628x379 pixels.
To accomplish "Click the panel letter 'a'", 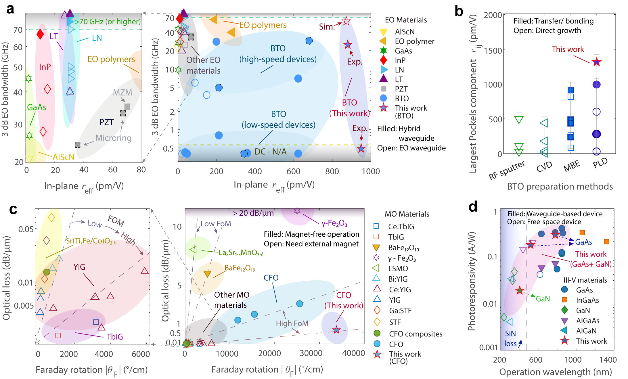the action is pos(10,9).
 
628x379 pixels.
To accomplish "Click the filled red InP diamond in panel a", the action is pos(40,34).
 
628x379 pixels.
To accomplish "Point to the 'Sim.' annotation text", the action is pos(327,27).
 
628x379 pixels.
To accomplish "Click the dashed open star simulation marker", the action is pos(346,21).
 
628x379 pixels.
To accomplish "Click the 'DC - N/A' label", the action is pos(270,152).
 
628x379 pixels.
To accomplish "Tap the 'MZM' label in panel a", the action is pos(122,92).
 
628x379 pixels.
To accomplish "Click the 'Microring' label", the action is pos(113,138).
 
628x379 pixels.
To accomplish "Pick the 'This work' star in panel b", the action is pos(597,62).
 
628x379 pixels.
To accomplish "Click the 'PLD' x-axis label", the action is pos(600,163).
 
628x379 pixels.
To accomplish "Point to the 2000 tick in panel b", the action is pos(493,15).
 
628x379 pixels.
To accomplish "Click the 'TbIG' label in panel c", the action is pos(115,336).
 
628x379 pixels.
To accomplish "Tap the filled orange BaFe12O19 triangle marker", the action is pos(207,274).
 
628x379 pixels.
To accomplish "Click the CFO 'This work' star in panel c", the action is pos(336,330).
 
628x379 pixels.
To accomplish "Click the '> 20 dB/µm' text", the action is pos(253,213).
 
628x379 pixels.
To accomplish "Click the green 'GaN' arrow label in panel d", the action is pos(543,299).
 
